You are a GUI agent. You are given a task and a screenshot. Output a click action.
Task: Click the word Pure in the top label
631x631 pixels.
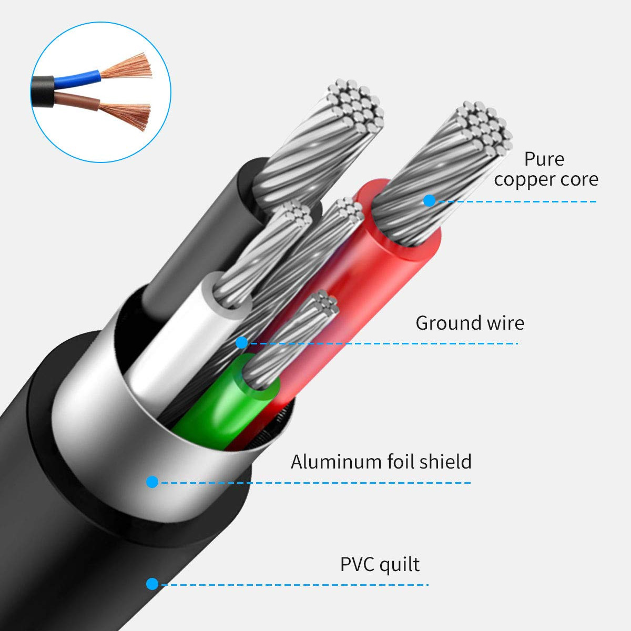click(x=544, y=159)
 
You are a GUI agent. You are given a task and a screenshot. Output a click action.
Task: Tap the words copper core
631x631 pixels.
click(x=546, y=179)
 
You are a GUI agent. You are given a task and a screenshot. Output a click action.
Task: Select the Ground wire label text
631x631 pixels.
click(x=470, y=323)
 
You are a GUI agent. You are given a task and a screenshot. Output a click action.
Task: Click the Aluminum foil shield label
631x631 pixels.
click(x=381, y=462)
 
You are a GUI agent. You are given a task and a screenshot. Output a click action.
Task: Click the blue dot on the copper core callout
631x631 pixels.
click(x=429, y=201)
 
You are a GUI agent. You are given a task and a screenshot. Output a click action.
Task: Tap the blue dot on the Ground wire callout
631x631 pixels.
click(x=242, y=343)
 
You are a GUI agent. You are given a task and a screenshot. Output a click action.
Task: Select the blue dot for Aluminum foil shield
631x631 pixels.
click(x=152, y=482)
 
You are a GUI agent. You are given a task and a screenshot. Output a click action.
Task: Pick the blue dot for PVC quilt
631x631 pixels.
click(x=152, y=584)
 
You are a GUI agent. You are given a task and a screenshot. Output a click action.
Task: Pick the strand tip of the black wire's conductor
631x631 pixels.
click(x=355, y=105)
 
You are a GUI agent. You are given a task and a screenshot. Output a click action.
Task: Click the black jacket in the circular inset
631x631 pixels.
click(x=43, y=91)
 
